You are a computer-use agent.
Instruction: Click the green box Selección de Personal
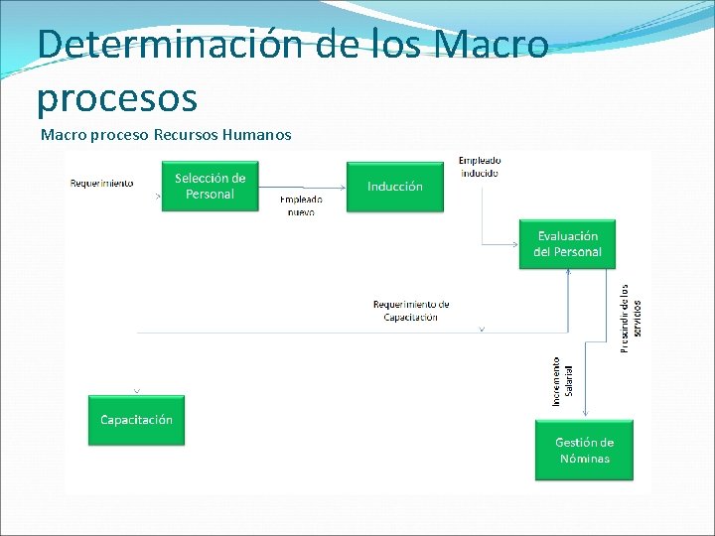210,186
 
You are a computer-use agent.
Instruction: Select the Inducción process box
394,186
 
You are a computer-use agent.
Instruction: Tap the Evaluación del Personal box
567,243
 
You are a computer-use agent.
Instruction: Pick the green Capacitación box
136,420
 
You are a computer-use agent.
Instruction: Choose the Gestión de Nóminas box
584,450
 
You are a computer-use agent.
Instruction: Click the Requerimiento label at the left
101,183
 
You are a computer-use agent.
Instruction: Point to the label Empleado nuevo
301,204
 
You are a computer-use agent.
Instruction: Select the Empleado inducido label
479,166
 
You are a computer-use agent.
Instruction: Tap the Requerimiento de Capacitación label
411,310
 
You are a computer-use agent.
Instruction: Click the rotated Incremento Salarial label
561,381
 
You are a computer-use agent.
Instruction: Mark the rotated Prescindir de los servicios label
631,318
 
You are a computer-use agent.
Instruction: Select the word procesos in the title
117,97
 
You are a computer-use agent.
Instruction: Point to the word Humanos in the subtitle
257,134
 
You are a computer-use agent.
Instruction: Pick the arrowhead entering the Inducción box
343,186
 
